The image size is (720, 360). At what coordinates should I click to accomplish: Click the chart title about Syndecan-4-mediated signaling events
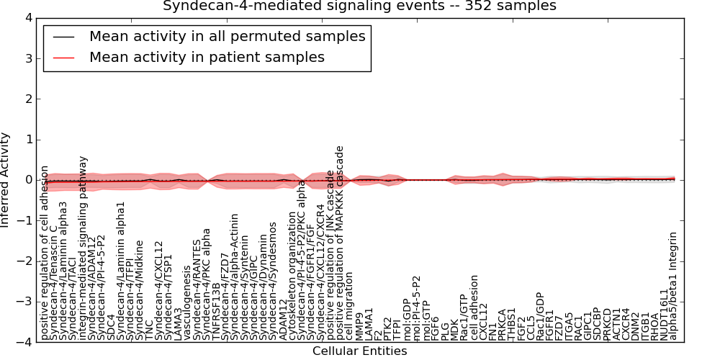pos(359,6)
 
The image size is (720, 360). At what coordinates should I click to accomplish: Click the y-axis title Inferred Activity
pos(6,180)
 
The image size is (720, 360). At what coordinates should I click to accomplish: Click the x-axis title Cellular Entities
pos(359,351)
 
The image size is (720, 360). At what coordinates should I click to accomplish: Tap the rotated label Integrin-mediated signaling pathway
pos(83,248)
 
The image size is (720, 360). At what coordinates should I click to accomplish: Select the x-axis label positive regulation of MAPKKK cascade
pos(341,243)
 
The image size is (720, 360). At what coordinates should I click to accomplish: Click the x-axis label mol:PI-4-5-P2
pos(416,307)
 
